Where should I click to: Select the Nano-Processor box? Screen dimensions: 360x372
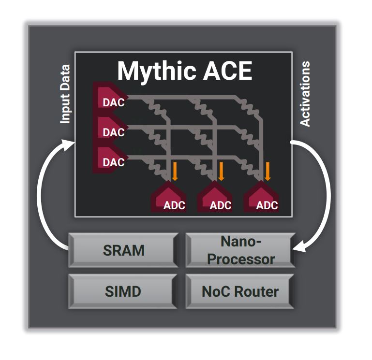pos(240,250)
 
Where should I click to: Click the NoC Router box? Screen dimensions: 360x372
pos(240,291)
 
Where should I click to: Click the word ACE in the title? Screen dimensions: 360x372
pos(227,72)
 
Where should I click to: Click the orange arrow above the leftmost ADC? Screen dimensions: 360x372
pos(175,170)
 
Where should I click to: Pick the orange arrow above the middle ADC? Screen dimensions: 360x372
pos(221,170)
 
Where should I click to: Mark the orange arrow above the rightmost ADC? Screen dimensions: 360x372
pos(267,170)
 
